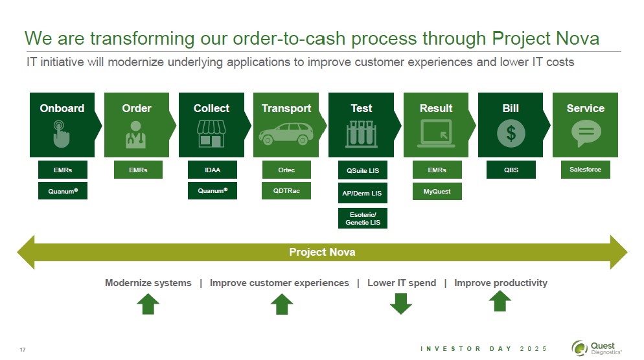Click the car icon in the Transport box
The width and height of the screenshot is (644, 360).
[286, 134]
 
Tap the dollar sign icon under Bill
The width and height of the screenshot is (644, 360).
[511, 134]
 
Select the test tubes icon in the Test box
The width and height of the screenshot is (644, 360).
[362, 133]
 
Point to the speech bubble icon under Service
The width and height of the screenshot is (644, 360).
[585, 134]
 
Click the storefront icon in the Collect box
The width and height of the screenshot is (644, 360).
[211, 133]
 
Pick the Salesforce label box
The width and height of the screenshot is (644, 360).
[585, 170]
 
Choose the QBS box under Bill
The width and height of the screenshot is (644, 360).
[511, 170]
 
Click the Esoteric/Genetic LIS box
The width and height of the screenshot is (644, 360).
[363, 218]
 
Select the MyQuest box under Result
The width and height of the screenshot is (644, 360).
[437, 191]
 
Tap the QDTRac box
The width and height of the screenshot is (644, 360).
[286, 191]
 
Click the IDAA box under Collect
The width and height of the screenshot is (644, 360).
[213, 170]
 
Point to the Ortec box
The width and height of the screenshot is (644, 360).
[286, 170]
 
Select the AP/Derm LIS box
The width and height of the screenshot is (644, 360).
[363, 193]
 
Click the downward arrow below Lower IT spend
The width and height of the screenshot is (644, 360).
[401, 303]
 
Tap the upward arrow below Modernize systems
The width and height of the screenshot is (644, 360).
[148, 303]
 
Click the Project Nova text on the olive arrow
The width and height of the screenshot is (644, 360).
[322, 252]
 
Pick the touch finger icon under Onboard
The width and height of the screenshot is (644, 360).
[62, 133]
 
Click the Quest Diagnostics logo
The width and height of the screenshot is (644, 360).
[597, 348]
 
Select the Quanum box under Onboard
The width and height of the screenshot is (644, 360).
[63, 191]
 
